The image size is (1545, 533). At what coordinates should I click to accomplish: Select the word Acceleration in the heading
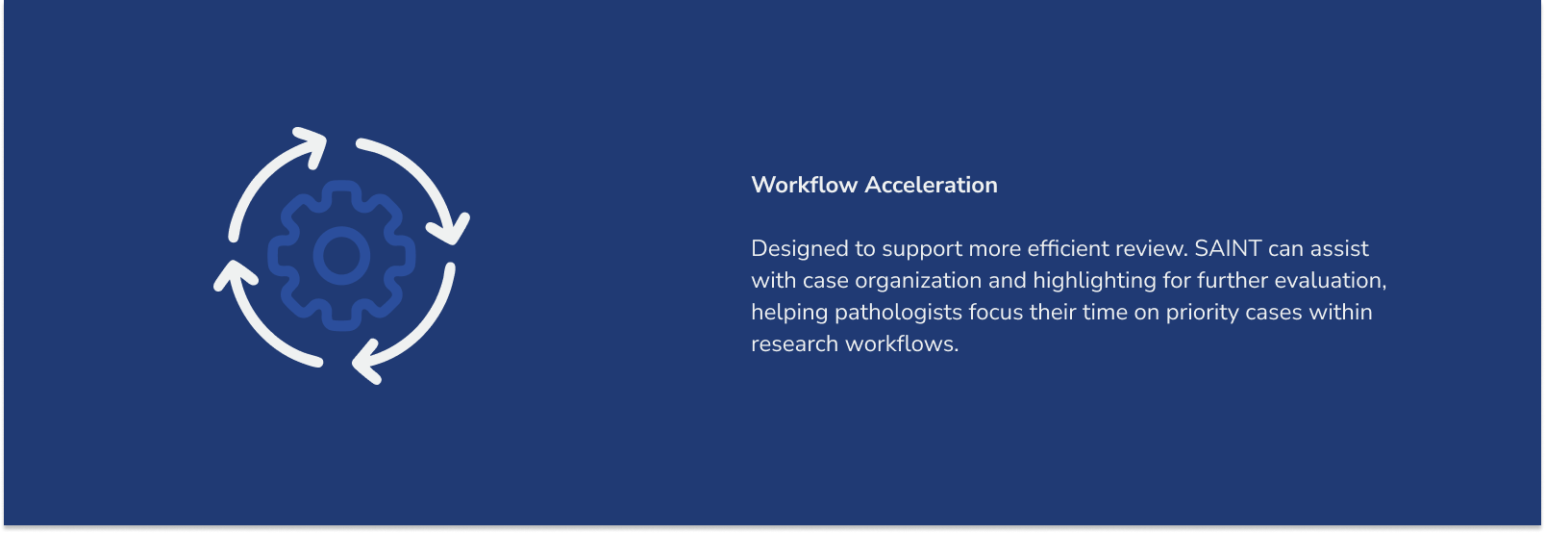coord(932,185)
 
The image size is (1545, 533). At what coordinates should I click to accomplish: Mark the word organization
coord(918,281)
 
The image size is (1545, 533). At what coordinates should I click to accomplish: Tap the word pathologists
coord(898,313)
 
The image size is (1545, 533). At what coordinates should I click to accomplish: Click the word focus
coord(996,312)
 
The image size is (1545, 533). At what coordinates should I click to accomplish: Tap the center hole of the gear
coord(341,256)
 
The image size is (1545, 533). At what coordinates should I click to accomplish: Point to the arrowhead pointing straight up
coord(236,275)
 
